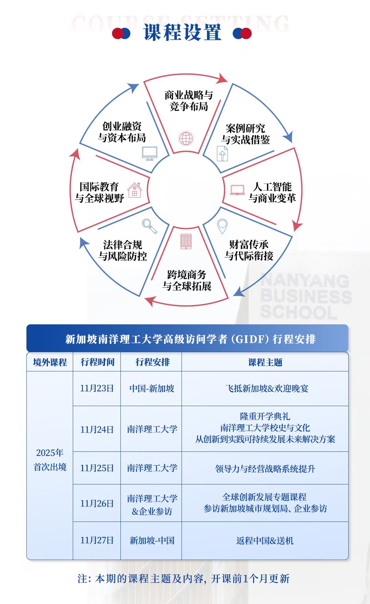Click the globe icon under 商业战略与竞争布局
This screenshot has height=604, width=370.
[186, 138]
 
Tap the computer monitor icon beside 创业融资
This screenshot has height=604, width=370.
[150, 153]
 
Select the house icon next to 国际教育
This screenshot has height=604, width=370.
[135, 190]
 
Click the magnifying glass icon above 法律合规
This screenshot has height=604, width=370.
[150, 226]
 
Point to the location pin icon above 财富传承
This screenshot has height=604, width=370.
[222, 226]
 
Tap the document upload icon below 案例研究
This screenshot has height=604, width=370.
[222, 154]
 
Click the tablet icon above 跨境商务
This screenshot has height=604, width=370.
[186, 241]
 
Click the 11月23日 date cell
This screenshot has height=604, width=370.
[97, 388]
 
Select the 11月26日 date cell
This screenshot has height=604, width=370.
[97, 503]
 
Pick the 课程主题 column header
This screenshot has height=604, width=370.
[265, 362]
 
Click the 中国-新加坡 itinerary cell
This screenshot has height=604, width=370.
[152, 388]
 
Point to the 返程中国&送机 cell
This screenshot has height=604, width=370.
[265, 540]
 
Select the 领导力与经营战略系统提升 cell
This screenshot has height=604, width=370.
[265, 469]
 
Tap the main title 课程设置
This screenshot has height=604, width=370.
[182, 33]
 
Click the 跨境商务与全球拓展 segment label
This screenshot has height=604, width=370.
[187, 280]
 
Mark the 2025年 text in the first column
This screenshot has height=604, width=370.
[50, 452]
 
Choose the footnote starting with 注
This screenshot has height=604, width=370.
[184, 579]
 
